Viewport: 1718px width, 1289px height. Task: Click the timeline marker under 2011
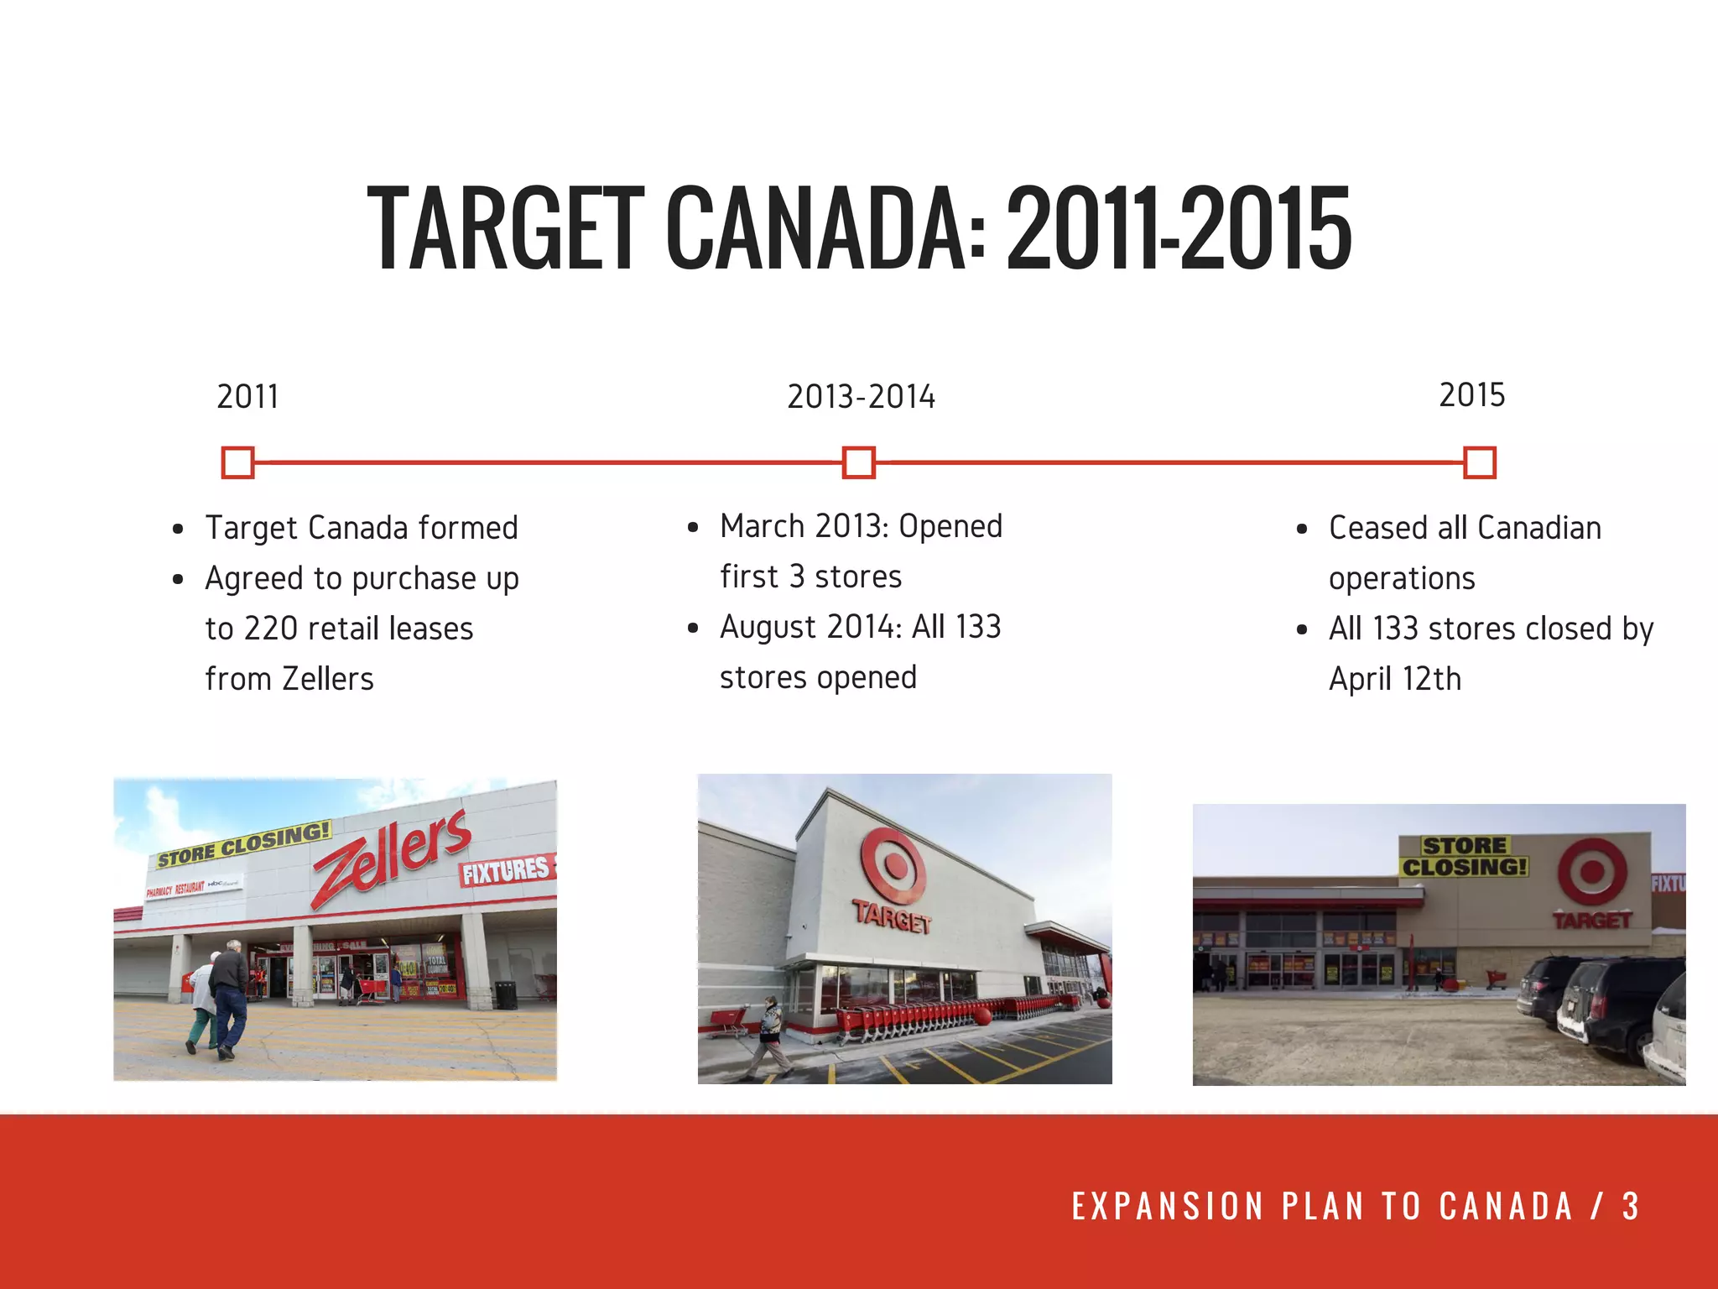coord(238,462)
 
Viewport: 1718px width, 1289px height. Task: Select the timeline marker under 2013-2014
coord(859,462)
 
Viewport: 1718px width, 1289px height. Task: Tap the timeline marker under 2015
coord(1480,462)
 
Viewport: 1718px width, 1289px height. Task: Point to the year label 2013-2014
coord(861,397)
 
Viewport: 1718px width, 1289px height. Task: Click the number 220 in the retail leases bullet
coord(270,629)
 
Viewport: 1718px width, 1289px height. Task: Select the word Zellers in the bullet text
coord(328,679)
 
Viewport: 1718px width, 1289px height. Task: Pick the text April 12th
coord(1395,679)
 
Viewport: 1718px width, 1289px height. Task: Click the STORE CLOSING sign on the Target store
coord(1464,857)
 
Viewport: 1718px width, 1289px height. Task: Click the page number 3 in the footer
coord(1630,1207)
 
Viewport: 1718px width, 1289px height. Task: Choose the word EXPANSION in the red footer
coord(1167,1207)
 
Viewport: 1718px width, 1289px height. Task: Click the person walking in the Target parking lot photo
coord(770,1036)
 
